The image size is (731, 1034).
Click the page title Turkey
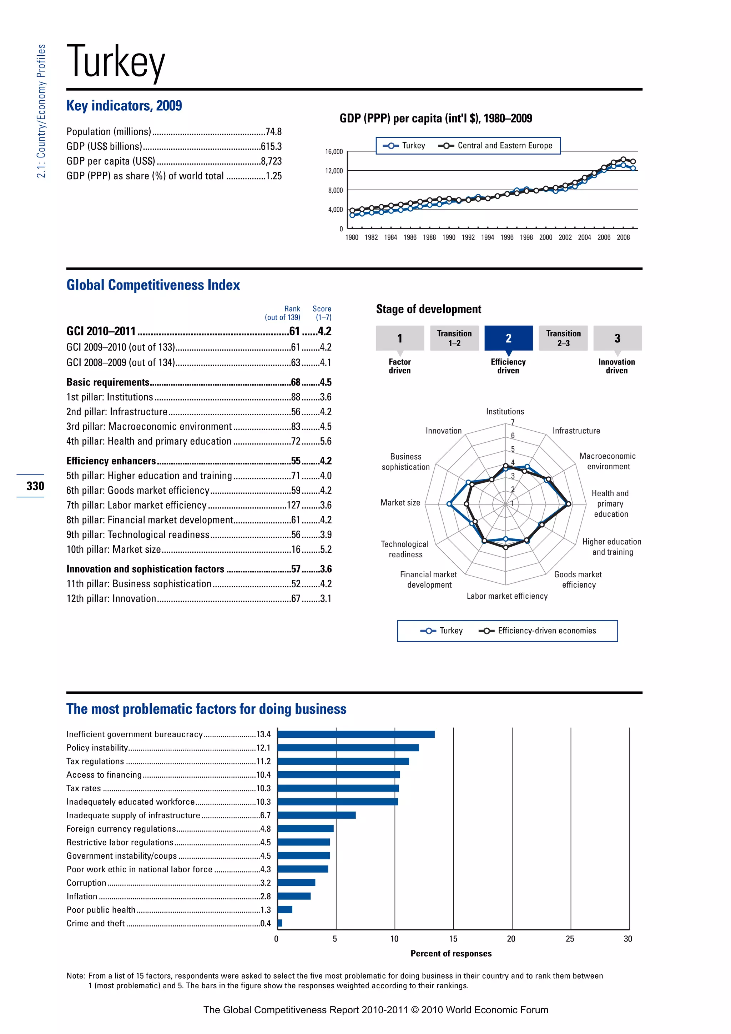tap(116, 62)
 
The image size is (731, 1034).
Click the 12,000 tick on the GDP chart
tap(334, 171)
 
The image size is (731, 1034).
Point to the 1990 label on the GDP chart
tap(448, 238)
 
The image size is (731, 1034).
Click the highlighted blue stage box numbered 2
tap(508, 338)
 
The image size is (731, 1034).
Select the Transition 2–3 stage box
tap(563, 338)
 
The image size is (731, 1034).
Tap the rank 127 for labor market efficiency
tap(293, 505)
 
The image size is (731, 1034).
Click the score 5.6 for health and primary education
tap(326, 441)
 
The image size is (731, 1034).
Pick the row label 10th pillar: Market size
tap(114, 549)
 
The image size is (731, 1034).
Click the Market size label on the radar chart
tap(400, 503)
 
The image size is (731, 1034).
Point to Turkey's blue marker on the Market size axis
tap(449, 504)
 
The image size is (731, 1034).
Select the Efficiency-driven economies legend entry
tap(546, 631)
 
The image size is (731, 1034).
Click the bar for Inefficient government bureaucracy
tap(356, 734)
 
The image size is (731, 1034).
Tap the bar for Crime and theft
tap(280, 923)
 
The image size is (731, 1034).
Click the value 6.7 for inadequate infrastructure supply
tap(265, 815)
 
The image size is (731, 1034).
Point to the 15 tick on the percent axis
tap(453, 939)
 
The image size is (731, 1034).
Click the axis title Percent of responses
tap(451, 953)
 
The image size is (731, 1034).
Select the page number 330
tap(35, 486)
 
